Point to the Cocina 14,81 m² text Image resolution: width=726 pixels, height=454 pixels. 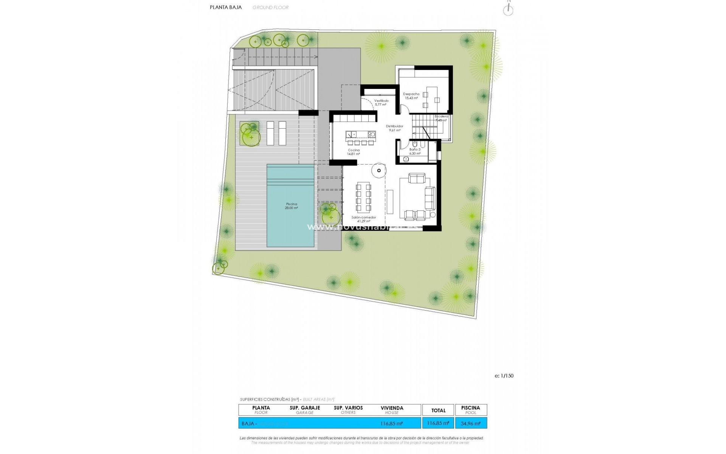pyautogui.click(x=354, y=152)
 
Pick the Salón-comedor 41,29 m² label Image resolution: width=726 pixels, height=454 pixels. pyautogui.click(x=363, y=219)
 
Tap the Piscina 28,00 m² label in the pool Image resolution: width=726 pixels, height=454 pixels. pyautogui.click(x=292, y=206)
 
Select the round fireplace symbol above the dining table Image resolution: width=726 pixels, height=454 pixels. pyautogui.click(x=379, y=171)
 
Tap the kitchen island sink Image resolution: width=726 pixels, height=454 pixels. pyautogui.click(x=85, y=134)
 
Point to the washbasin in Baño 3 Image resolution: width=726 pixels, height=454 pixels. pyautogui.click(x=406, y=159)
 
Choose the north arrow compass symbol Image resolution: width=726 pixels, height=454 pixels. pyautogui.click(x=508, y=10)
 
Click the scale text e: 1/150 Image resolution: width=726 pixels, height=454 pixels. pyautogui.click(x=504, y=376)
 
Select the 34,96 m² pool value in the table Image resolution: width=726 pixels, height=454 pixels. pyautogui.click(x=471, y=423)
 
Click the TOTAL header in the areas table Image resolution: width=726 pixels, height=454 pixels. pyautogui.click(x=438, y=410)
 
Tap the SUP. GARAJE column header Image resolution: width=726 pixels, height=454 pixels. pyautogui.click(x=305, y=408)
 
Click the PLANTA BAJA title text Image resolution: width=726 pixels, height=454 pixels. pyautogui.click(x=226, y=7)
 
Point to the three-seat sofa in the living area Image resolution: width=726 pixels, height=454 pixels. pyautogui.click(x=430, y=198)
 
